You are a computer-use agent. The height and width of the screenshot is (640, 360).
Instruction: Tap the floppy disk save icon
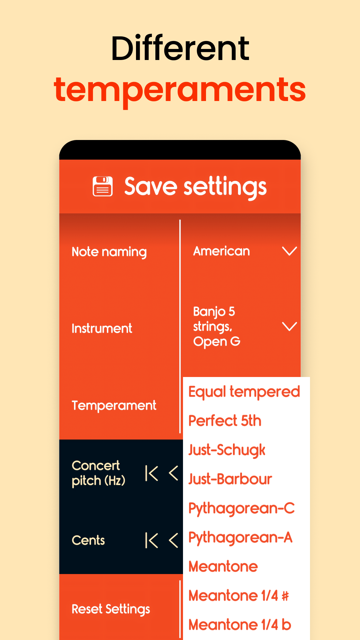[103, 186]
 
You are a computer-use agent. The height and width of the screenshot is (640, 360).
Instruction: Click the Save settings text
[195, 187]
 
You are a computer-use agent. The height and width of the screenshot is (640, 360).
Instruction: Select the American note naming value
[221, 251]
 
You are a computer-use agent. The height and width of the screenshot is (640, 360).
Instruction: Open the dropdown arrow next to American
[289, 251]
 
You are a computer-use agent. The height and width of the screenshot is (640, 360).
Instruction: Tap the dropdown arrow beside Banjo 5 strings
[289, 326]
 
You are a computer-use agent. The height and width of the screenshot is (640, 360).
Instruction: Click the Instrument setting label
[102, 328]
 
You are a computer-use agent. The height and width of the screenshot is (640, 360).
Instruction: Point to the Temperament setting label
[114, 405]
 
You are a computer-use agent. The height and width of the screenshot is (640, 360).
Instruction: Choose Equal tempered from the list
[244, 392]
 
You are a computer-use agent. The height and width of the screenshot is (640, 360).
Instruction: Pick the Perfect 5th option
[225, 421]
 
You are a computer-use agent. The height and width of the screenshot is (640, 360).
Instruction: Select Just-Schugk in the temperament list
[227, 450]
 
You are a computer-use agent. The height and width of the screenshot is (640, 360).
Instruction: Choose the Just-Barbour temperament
[230, 479]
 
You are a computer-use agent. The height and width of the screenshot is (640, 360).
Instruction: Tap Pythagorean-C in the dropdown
[241, 508]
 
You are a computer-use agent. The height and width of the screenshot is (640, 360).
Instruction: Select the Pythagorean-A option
[240, 537]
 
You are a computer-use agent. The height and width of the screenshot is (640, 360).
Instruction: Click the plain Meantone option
[223, 566]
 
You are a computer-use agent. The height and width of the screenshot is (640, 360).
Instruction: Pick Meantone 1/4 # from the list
[238, 595]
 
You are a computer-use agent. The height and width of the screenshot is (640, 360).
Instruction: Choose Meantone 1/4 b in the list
[240, 625]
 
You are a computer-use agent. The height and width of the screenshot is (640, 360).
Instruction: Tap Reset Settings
[111, 609]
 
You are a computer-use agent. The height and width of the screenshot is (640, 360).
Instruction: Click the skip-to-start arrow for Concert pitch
[152, 473]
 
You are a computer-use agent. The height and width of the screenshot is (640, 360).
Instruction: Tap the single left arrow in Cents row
[173, 540]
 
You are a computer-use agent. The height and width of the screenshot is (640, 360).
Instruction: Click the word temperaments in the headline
[180, 89]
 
